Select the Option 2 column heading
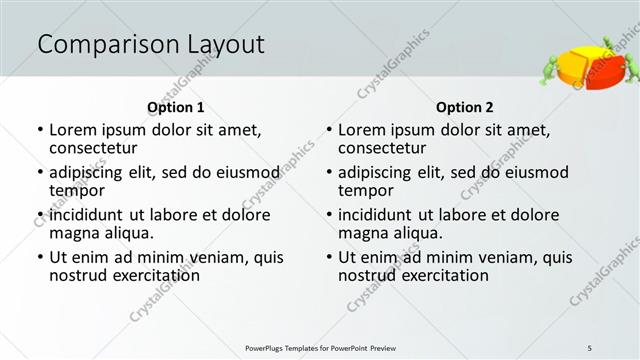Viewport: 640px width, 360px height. pos(465,107)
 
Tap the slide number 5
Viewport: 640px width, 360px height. pos(589,347)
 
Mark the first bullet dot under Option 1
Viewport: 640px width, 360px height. pos(40,130)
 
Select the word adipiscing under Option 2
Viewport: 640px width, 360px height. pos(376,172)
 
